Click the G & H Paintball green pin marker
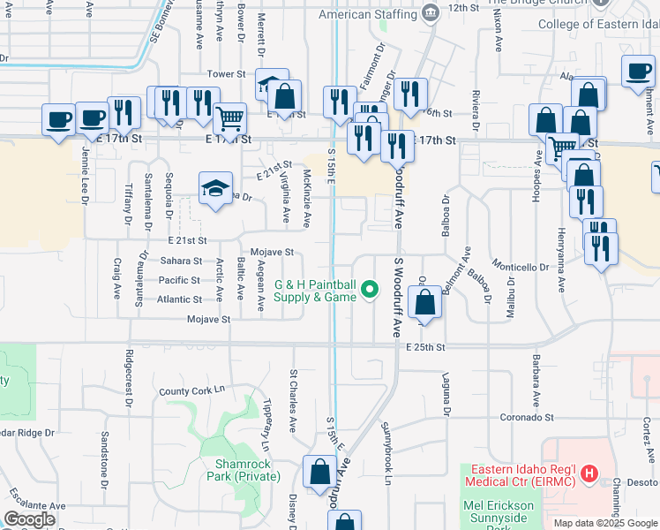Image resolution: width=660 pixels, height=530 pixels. (x=371, y=289)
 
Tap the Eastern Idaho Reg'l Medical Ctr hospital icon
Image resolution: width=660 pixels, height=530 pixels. (x=589, y=474)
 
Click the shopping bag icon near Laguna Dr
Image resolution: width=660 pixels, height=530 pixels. (x=425, y=302)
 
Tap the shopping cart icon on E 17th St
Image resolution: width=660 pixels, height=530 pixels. (x=229, y=117)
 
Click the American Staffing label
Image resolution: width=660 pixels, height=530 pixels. (x=367, y=15)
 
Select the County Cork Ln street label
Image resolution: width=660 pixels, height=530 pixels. (x=192, y=390)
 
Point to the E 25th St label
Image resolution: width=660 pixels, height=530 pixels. (x=426, y=347)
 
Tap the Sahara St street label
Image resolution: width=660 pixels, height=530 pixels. (x=182, y=261)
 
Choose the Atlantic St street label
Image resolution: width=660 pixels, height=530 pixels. (x=179, y=299)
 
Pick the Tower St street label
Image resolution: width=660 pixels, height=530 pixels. (x=224, y=75)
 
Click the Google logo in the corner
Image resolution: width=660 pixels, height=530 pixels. (x=29, y=519)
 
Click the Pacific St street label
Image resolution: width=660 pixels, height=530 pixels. (x=180, y=280)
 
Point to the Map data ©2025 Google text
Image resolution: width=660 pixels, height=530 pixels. (x=605, y=523)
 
